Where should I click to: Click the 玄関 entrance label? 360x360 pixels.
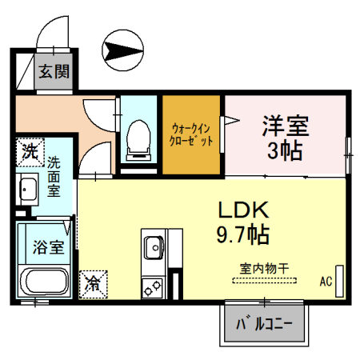[54, 71]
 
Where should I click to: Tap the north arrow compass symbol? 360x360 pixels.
[125, 49]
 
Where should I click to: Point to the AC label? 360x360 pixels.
[326, 282]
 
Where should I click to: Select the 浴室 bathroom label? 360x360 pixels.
[47, 247]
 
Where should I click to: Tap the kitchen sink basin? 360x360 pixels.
[152, 248]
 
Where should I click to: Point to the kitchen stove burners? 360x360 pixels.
[152, 285]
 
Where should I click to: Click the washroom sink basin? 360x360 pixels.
[29, 190]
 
